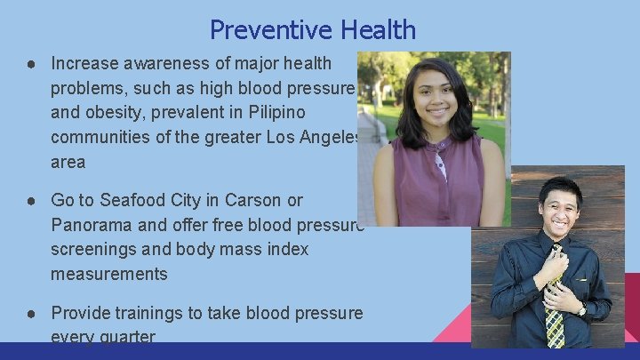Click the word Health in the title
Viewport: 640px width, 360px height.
372,30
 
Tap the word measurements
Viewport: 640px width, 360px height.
109,275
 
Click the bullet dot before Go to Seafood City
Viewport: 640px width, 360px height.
30,200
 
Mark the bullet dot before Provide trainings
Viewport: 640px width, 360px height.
30,313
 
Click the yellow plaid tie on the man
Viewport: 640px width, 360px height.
555,316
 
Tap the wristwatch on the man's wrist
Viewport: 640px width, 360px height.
582,310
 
